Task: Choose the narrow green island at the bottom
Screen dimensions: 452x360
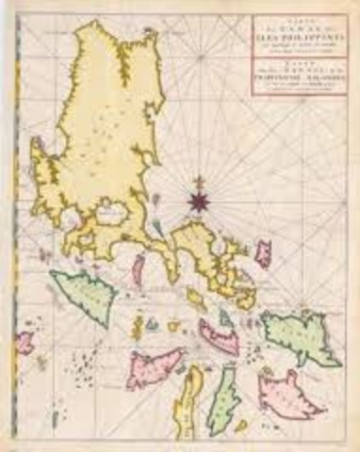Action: [x=223, y=401]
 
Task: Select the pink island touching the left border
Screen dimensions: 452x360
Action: [x=25, y=342]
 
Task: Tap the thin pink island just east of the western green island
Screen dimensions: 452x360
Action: [x=138, y=267]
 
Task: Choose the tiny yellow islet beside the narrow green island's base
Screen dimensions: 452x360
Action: [x=240, y=426]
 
